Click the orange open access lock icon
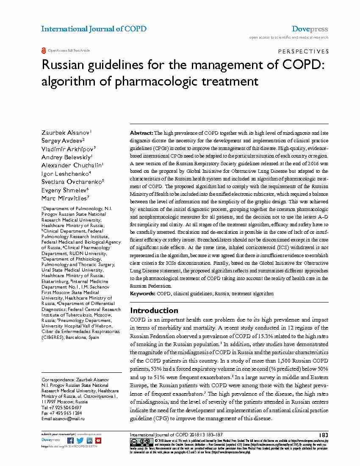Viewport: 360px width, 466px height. click(43, 50)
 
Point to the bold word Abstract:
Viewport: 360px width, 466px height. click(141, 133)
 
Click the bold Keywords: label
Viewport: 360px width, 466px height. click(143, 293)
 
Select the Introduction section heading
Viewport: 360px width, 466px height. click(154, 311)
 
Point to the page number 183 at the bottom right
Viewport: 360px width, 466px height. click(323, 435)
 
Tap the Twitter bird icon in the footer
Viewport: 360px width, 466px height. click(80, 441)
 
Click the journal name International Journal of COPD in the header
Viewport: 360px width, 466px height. click(94, 29)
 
